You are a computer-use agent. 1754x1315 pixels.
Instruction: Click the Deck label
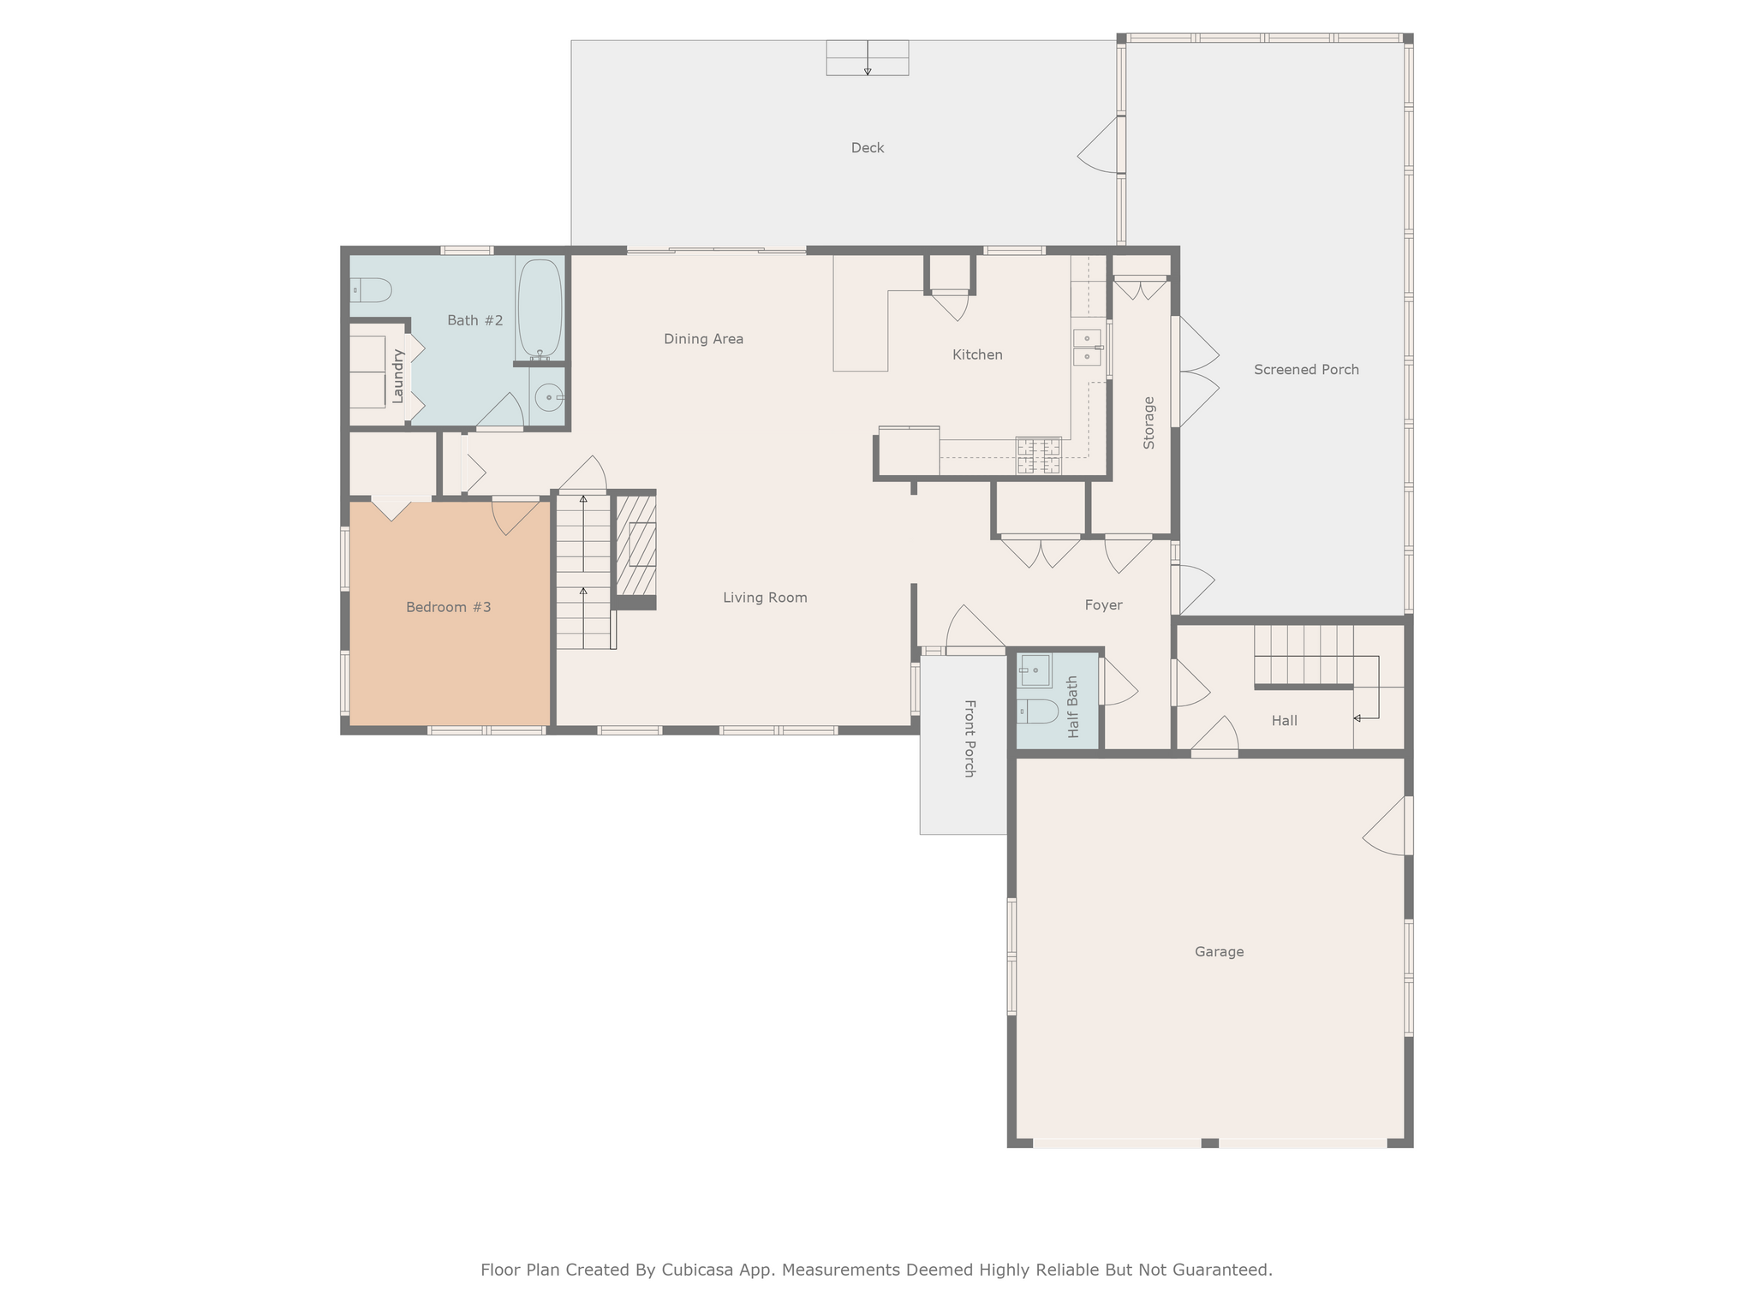click(867, 148)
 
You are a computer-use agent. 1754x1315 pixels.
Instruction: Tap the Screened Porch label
click(1305, 370)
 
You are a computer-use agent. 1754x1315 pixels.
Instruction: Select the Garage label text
click(1218, 952)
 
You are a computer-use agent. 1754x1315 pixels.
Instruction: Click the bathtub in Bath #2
click(540, 308)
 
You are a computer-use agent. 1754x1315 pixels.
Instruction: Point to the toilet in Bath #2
click(372, 291)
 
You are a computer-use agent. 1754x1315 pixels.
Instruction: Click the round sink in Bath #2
click(548, 398)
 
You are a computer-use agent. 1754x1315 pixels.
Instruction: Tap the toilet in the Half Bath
click(1038, 711)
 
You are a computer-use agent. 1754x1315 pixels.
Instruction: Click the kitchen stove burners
click(1038, 455)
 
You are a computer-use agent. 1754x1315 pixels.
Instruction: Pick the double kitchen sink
click(1086, 347)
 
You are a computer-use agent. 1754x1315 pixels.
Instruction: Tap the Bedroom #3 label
click(448, 608)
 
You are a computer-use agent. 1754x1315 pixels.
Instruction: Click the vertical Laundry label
click(397, 376)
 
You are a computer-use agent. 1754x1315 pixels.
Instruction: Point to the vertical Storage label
click(1148, 423)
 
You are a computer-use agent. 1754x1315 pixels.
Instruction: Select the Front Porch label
click(969, 738)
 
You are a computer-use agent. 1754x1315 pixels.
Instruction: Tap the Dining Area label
click(703, 339)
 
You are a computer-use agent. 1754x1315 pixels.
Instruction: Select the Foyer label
click(1102, 605)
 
